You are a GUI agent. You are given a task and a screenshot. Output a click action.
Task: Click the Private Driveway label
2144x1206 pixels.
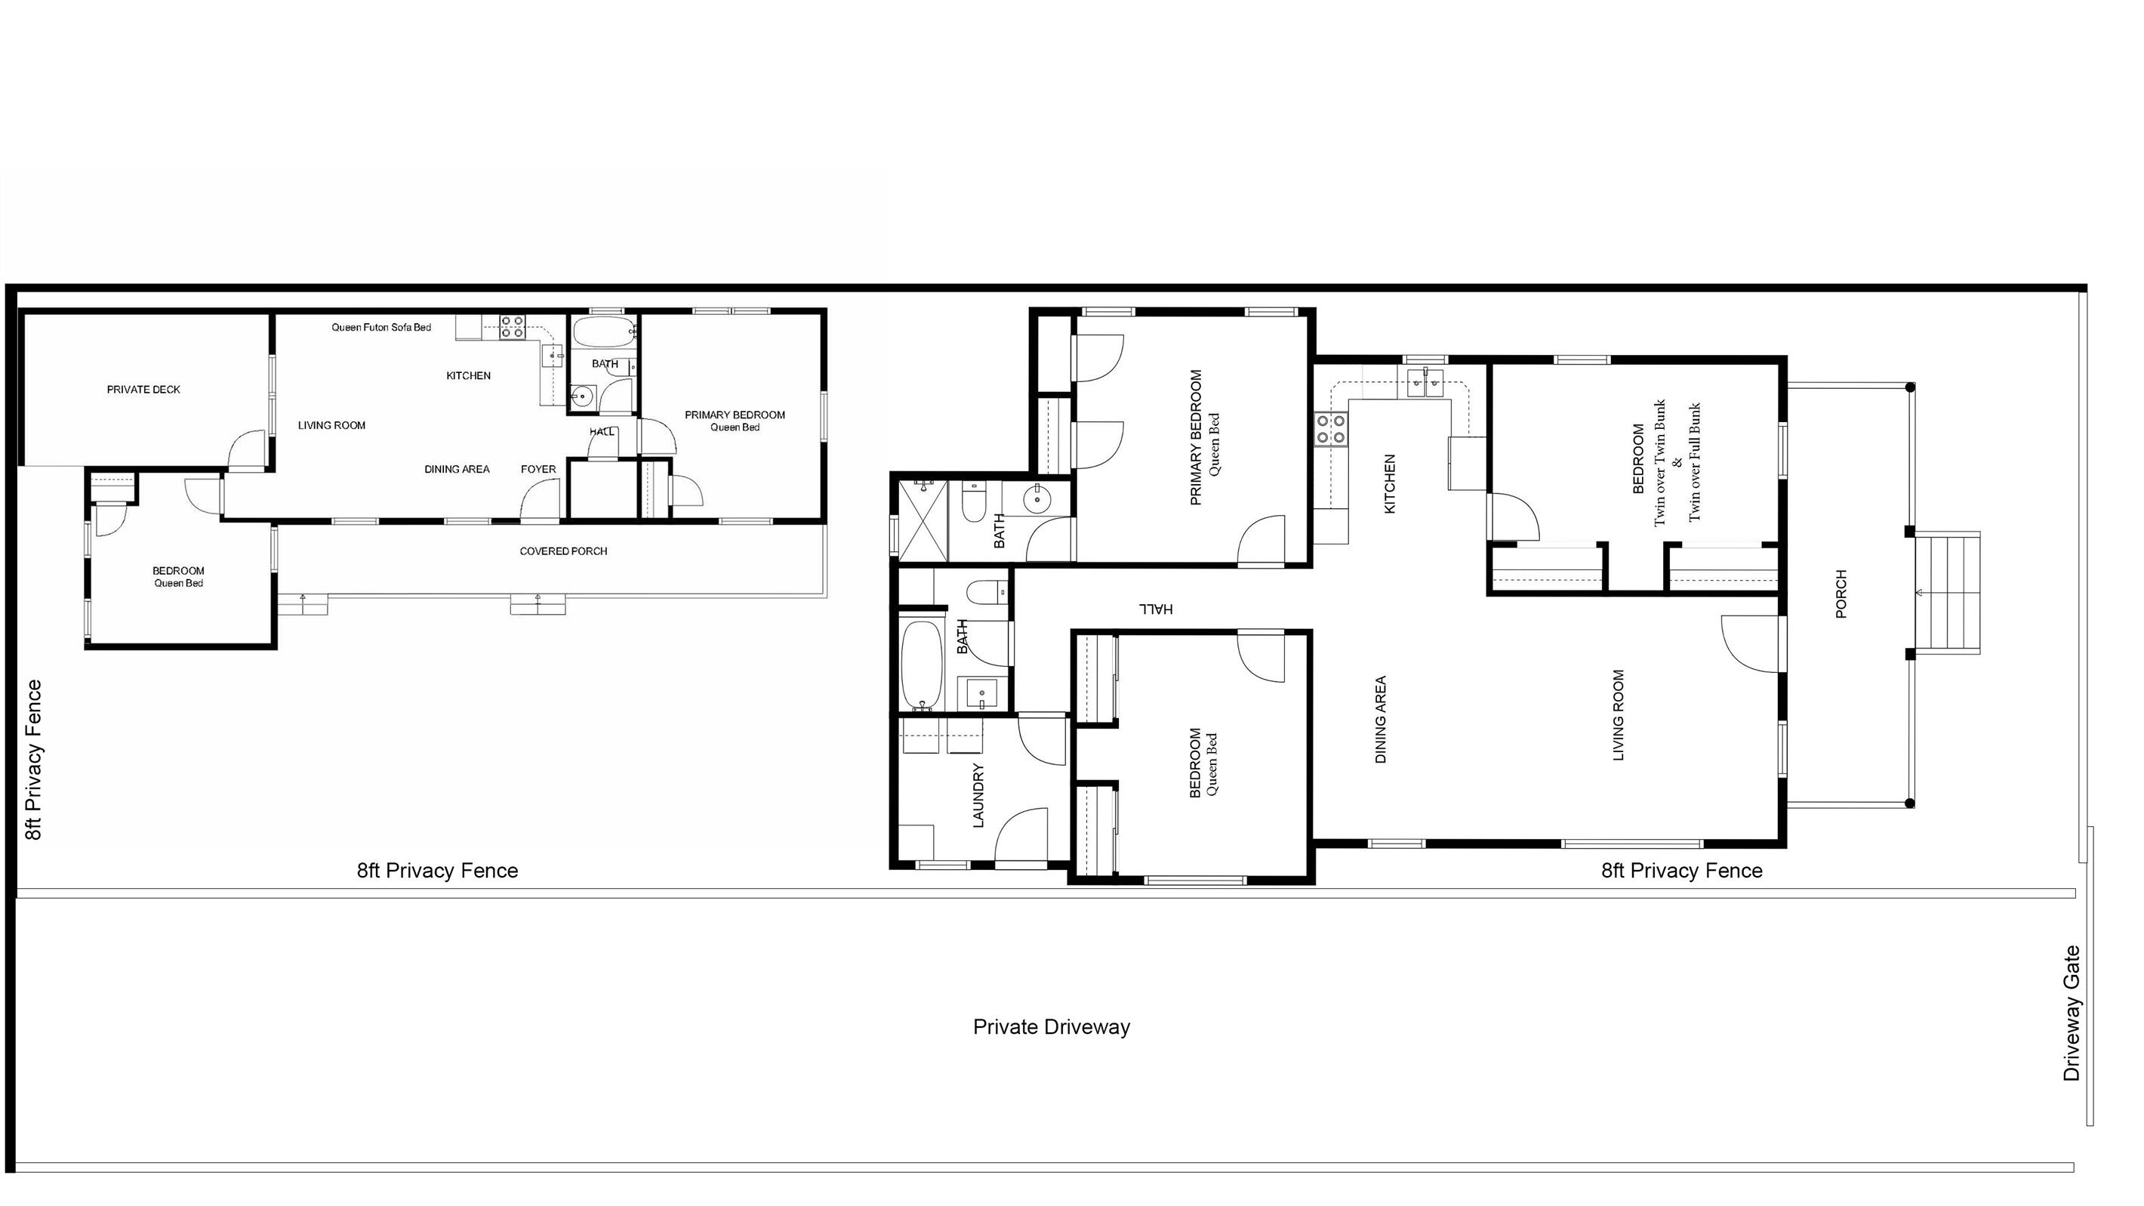click(x=1051, y=1027)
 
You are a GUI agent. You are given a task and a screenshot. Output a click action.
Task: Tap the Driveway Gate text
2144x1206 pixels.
click(x=2072, y=1013)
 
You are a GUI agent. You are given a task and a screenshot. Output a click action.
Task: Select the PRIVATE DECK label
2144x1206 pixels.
click(x=143, y=390)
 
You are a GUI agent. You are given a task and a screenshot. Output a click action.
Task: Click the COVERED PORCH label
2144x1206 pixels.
click(x=563, y=551)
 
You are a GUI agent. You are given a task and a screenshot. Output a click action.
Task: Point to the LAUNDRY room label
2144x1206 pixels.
click(x=979, y=796)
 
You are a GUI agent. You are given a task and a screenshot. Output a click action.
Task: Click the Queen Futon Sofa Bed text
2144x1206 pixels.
click(x=381, y=327)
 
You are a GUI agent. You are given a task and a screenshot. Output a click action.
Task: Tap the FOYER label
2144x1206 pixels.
click(x=538, y=470)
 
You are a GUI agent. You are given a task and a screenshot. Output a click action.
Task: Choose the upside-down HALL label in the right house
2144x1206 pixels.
click(x=1156, y=609)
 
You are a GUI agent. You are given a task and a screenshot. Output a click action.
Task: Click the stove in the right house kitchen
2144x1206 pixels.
click(x=1331, y=430)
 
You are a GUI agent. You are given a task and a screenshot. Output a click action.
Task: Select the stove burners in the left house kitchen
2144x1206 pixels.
click(x=512, y=327)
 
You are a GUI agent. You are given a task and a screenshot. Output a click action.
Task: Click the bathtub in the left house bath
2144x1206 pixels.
click(x=602, y=332)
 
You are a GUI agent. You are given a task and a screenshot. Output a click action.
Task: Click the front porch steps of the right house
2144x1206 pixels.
click(x=1948, y=593)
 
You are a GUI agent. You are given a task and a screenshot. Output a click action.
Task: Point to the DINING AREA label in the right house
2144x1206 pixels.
click(x=1381, y=720)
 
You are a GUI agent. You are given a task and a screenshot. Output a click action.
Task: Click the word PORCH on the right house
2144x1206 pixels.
click(x=1841, y=594)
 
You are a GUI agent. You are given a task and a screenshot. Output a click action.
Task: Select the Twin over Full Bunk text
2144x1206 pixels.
click(x=1695, y=463)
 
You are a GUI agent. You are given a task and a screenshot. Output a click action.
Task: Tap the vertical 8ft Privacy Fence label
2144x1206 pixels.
click(x=33, y=760)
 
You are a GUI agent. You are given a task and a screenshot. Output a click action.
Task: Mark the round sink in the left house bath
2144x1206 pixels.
click(x=583, y=396)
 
